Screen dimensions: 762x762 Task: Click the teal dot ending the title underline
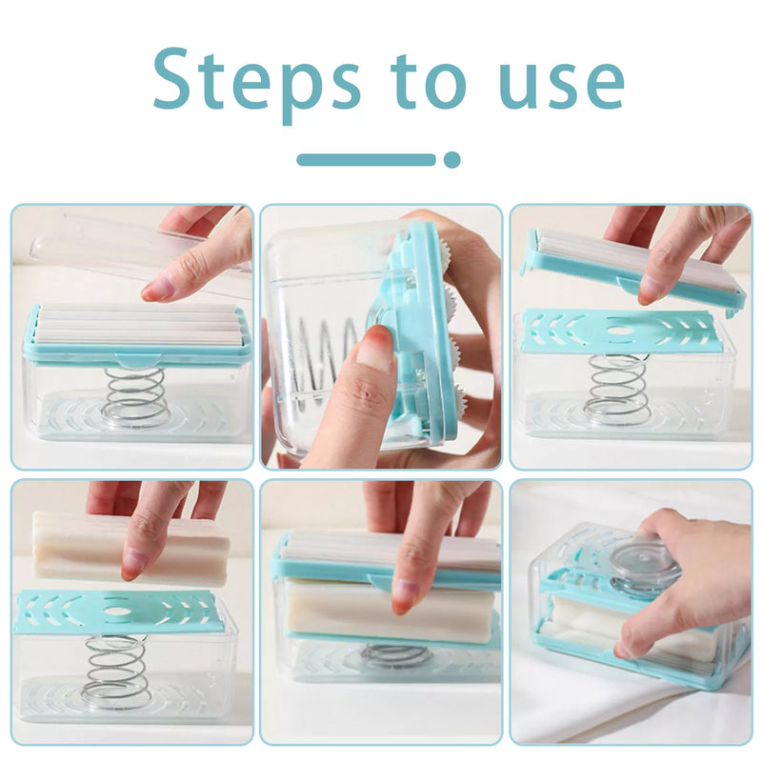pos(451,159)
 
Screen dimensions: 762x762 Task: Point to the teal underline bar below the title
pos(367,159)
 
